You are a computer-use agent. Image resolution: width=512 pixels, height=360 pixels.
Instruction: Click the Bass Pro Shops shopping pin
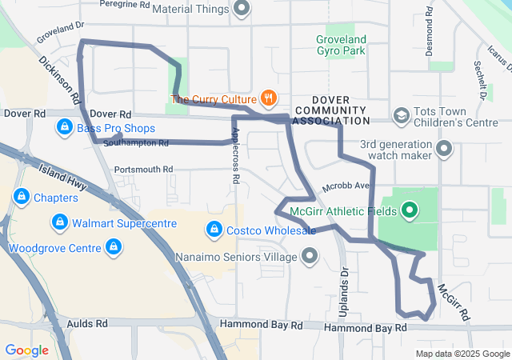point(63,128)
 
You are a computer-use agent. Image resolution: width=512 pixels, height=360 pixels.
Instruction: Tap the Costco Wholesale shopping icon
point(214,230)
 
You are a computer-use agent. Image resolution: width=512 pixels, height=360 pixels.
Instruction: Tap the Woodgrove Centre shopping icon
point(114,248)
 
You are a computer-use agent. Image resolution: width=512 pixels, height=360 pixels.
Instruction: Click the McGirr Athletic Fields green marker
point(410,211)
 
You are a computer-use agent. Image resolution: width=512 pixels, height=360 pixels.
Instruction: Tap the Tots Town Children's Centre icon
point(399,117)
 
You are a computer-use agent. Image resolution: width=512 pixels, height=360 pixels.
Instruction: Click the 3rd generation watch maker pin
point(445,149)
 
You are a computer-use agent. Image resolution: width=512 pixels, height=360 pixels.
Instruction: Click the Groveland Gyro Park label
point(341,45)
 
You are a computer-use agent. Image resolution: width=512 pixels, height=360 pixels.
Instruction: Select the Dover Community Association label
point(330,114)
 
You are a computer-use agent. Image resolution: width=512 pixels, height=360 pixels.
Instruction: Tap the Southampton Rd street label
point(136,144)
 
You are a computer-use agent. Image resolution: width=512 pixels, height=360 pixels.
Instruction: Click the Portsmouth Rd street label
point(143,170)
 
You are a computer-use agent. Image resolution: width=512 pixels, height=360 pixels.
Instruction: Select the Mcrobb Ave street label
point(345,187)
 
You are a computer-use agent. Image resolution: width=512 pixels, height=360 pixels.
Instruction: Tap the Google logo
point(26,350)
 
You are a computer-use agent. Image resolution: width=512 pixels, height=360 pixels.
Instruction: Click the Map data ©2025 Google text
point(462,354)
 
